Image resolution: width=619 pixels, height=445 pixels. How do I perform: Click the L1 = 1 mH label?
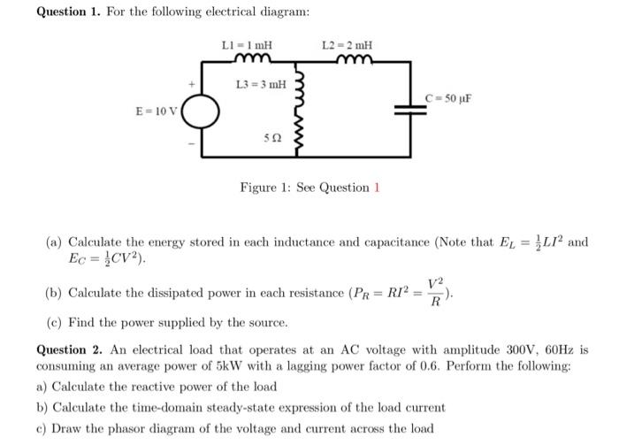[x=247, y=44]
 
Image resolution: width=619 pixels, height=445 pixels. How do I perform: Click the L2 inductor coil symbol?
[x=355, y=59]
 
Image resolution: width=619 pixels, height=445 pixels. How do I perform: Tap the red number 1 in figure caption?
[x=376, y=188]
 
